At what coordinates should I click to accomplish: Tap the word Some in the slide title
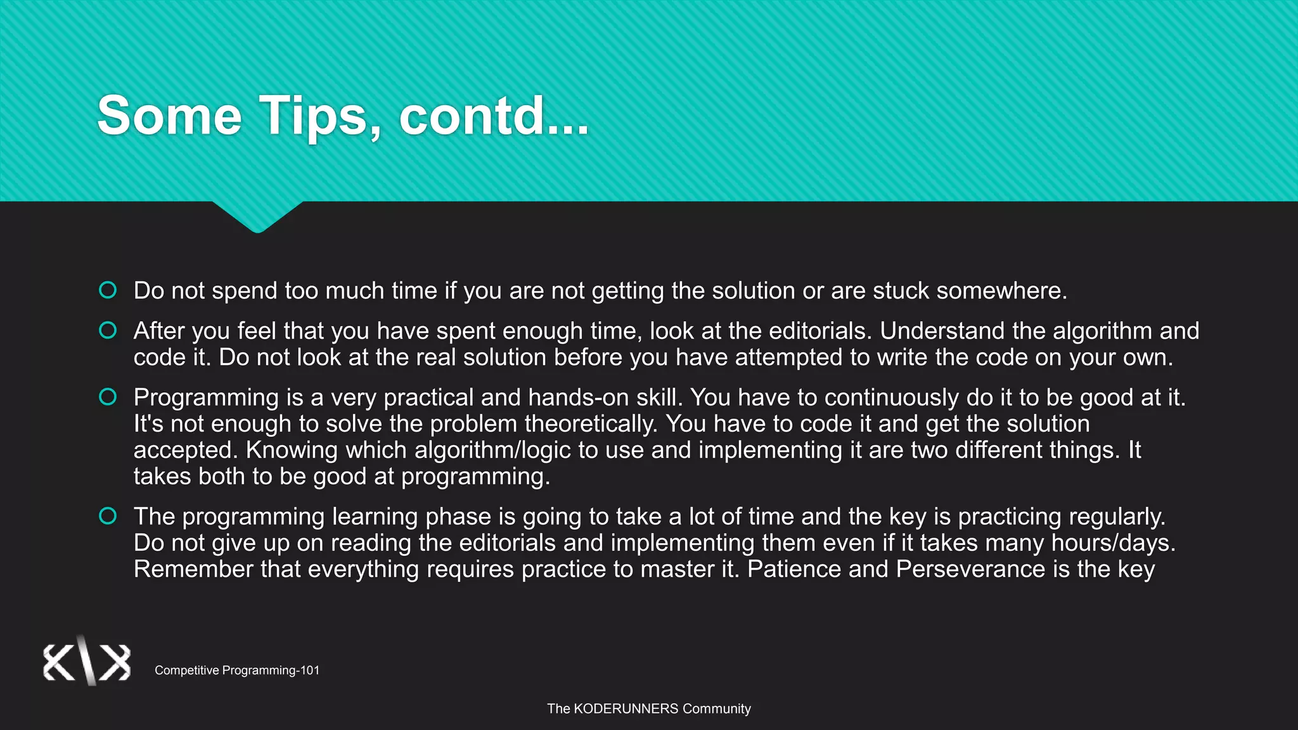click(x=169, y=116)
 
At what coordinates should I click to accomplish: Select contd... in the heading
click(x=494, y=116)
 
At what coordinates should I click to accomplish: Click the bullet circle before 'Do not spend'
click(x=108, y=290)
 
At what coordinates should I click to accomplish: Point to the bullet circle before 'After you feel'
click(x=108, y=330)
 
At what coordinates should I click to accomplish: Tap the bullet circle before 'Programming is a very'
click(x=108, y=397)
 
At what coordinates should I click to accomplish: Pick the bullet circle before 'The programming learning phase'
click(x=108, y=516)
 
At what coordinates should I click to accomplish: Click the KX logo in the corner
click(x=87, y=662)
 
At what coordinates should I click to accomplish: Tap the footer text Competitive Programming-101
click(x=237, y=670)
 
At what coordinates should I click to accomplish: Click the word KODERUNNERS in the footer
click(x=626, y=708)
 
